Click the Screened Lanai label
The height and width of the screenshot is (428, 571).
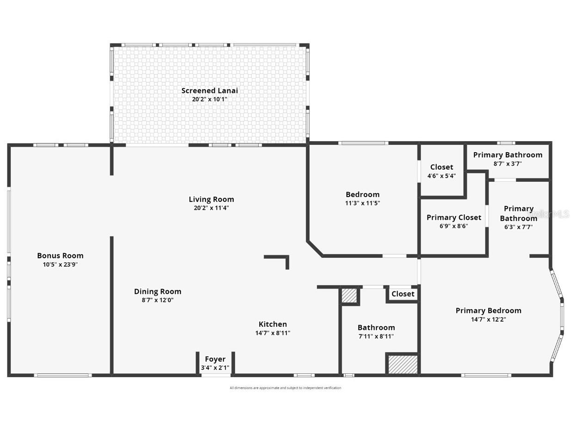tap(209, 91)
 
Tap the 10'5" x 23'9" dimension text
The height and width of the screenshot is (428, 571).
tap(60, 265)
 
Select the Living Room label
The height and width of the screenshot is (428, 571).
tap(211, 199)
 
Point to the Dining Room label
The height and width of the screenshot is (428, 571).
tap(157, 292)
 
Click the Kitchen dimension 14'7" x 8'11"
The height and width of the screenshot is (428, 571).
tap(273, 333)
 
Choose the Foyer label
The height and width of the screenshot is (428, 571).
tap(215, 359)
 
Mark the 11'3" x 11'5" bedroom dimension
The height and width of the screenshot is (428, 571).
tap(362, 203)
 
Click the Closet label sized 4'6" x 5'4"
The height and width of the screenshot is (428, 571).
tap(441, 167)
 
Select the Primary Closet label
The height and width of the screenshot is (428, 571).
tap(453, 217)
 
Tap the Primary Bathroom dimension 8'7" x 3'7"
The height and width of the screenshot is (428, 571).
tap(507, 163)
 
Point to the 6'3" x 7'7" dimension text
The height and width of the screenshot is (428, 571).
tap(518, 227)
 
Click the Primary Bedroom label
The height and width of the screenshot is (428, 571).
tap(488, 310)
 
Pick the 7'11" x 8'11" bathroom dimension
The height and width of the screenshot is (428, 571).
tap(376, 336)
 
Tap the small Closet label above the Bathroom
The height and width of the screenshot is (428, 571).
tap(403, 294)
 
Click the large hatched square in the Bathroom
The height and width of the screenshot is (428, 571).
tap(403, 364)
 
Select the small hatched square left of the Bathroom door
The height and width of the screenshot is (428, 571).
tap(349, 296)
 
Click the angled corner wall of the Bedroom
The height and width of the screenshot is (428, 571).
tap(315, 248)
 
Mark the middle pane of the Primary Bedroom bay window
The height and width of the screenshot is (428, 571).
tap(562, 317)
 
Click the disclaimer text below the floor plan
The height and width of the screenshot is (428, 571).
tap(285, 388)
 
